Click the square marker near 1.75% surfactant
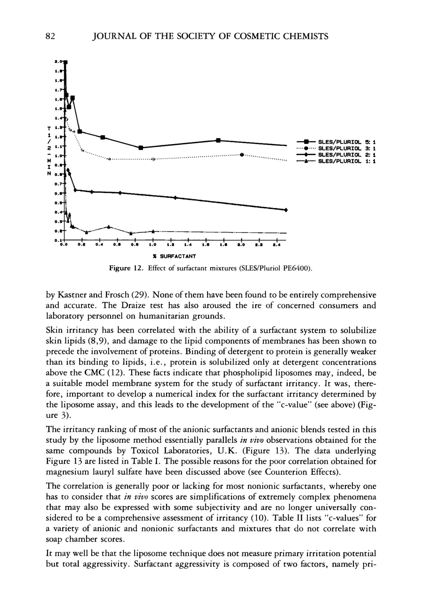[x=218, y=140]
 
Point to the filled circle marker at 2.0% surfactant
[x=242, y=154]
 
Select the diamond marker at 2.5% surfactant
[x=286, y=210]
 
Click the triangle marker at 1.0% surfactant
[x=153, y=231]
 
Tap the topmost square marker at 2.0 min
[x=66, y=62]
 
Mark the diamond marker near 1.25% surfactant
[x=175, y=198]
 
